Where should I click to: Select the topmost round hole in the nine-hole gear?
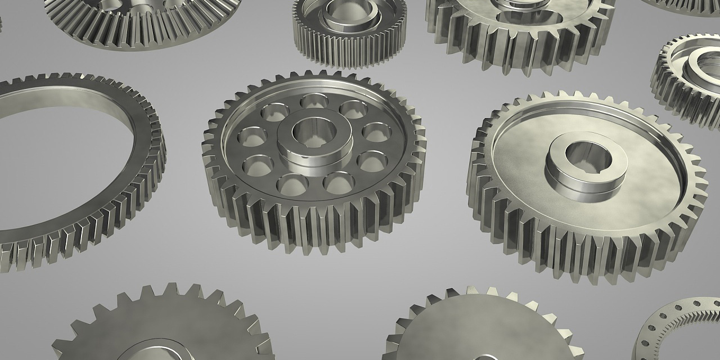click(314, 102)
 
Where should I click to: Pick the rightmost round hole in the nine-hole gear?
click(376, 132)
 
